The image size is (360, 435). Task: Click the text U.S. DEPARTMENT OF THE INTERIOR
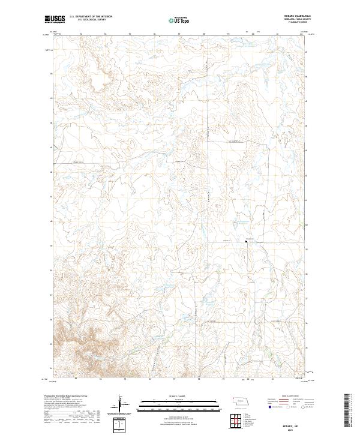pyautogui.click(x=89, y=17)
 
